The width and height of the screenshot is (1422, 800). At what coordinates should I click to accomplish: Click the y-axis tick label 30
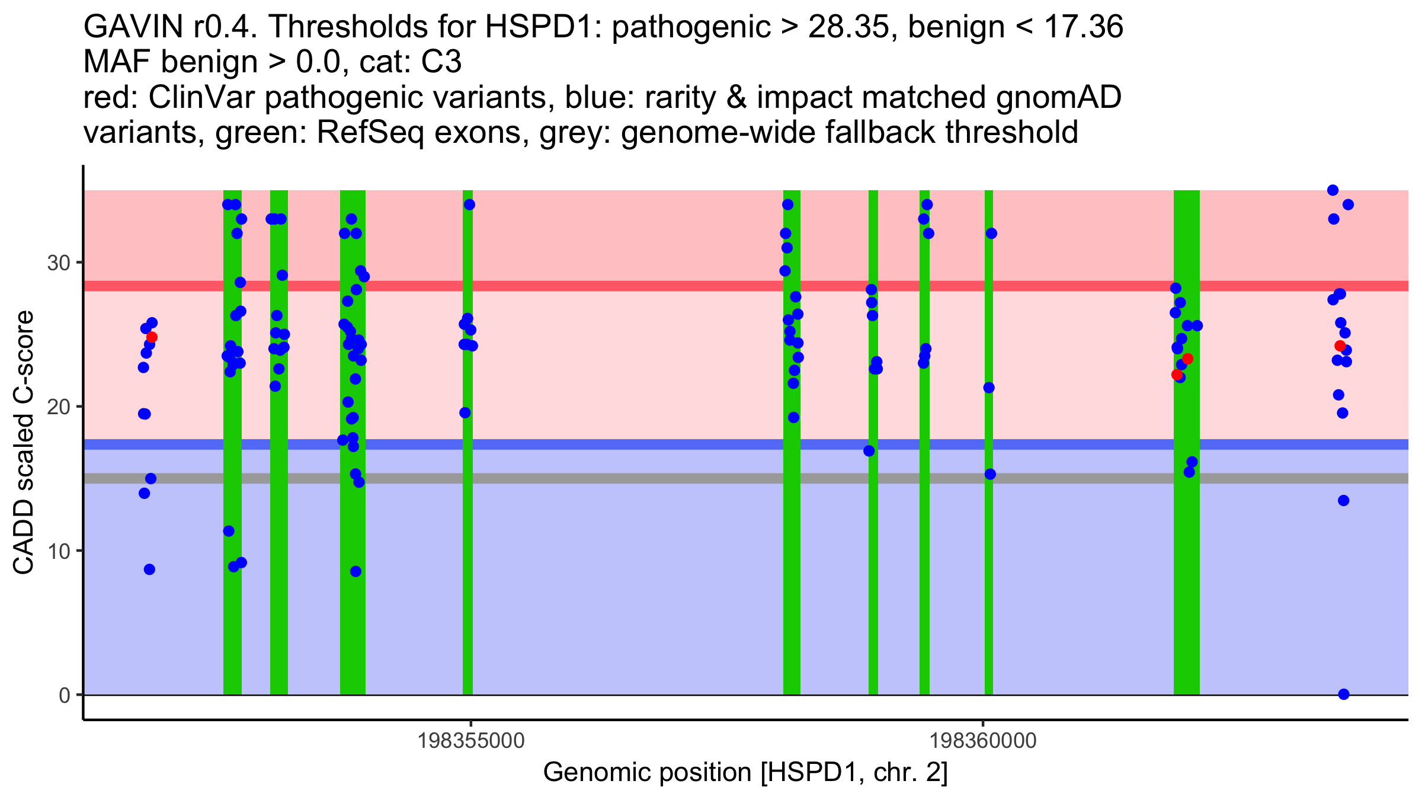click(59, 263)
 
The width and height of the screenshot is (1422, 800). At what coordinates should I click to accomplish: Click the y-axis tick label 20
click(59, 407)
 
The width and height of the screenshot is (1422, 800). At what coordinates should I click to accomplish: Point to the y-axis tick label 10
click(59, 551)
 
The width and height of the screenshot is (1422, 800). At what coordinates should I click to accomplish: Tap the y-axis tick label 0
click(65, 695)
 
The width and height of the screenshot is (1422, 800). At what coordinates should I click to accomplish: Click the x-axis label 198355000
click(471, 741)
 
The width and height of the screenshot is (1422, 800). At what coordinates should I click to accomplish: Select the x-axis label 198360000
click(984, 741)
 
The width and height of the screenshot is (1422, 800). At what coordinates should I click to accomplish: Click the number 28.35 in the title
click(848, 27)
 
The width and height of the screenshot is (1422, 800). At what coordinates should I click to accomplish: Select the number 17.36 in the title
click(1084, 27)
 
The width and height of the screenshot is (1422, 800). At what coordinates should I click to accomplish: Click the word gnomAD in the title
click(1058, 98)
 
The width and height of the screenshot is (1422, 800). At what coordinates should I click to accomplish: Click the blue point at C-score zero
click(1344, 694)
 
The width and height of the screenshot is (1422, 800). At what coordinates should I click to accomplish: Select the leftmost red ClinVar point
click(152, 337)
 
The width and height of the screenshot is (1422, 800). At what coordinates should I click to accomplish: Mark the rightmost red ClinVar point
click(1340, 346)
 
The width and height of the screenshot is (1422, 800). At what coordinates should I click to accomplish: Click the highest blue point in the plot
click(1333, 190)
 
